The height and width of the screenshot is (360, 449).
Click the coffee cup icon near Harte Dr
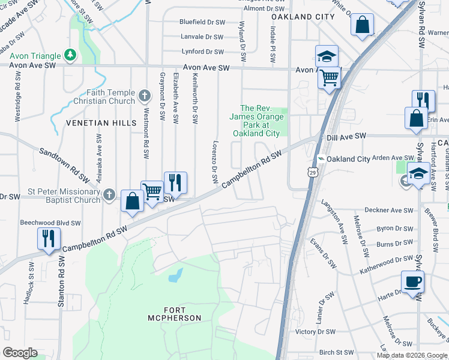pos(412,281)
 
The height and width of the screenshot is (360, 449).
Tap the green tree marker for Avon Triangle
pos(71,55)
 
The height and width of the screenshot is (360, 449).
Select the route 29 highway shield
pos(312,173)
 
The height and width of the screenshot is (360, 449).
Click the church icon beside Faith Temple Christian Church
pos(144,95)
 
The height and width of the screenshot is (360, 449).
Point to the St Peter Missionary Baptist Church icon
pos(109,194)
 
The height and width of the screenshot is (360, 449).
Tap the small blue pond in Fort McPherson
pos(175,275)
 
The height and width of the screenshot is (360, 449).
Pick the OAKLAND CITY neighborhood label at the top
pos(303,17)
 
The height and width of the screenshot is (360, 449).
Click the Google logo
pos(20,352)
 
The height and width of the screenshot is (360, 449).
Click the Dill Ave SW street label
pos(346,137)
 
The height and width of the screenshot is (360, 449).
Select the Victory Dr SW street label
pos(314,332)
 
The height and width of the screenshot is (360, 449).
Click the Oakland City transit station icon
pos(321,158)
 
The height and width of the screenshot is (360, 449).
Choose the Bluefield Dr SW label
pos(202,22)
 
